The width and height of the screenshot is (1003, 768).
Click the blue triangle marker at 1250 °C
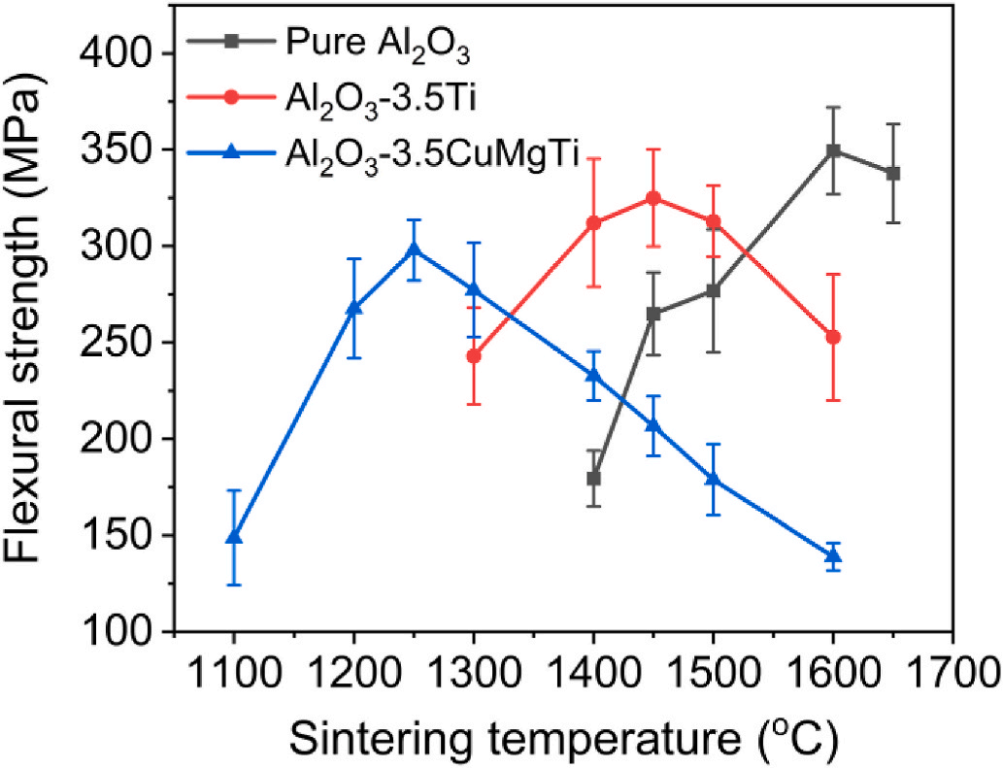click(x=414, y=250)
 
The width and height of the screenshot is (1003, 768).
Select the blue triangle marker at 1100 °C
click(x=234, y=536)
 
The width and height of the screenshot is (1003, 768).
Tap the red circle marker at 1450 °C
click(x=653, y=198)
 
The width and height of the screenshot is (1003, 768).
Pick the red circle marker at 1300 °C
click(x=474, y=356)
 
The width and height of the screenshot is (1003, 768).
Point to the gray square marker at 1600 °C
click(x=833, y=151)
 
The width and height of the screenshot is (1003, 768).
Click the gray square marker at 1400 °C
click(x=593, y=478)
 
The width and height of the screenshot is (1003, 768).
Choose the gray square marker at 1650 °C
click(x=893, y=173)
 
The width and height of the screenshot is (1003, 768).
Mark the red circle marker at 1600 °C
click(x=833, y=337)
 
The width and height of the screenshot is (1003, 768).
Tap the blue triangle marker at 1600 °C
click(x=833, y=555)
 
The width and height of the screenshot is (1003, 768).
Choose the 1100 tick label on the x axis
click(x=234, y=674)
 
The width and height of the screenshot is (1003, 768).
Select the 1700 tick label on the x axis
click(x=952, y=674)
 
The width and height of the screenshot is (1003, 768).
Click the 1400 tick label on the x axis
click(x=593, y=674)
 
